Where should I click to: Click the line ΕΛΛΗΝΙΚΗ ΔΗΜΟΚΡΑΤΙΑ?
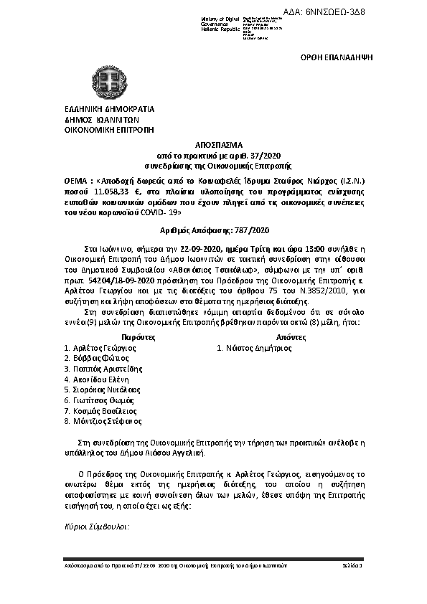pyautogui.click(x=109, y=109)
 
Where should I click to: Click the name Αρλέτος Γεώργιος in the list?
pyautogui.click(x=104, y=347)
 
